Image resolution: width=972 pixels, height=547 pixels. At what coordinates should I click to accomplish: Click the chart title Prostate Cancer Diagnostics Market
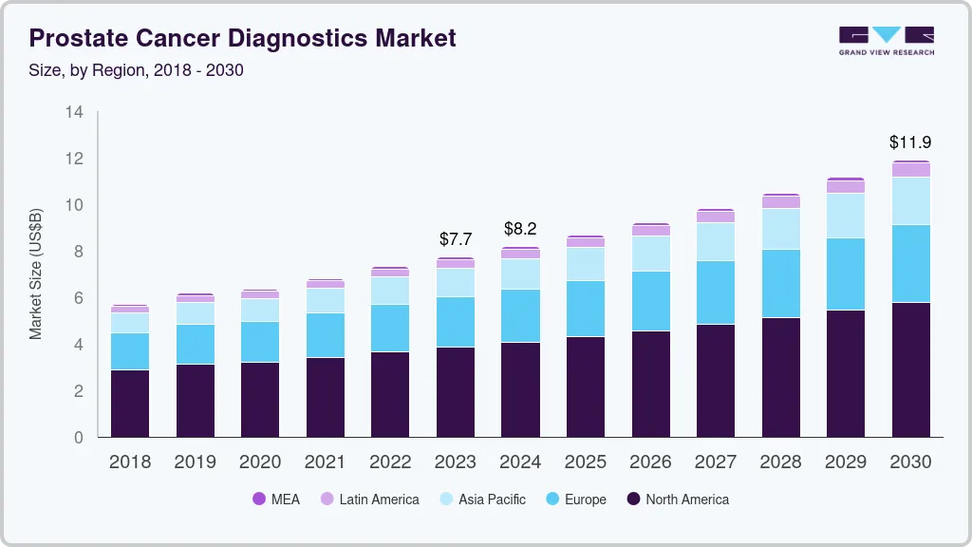(243, 39)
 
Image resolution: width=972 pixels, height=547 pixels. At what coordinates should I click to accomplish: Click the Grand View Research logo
(886, 40)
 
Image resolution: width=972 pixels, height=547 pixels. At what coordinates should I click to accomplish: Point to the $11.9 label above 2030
(909, 142)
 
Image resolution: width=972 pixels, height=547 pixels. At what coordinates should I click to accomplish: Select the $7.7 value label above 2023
(456, 239)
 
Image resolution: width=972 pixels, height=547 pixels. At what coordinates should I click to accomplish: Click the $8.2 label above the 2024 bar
(520, 228)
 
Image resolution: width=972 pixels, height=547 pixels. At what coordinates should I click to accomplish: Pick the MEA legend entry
(276, 499)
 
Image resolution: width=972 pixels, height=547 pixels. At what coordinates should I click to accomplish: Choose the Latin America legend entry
(369, 499)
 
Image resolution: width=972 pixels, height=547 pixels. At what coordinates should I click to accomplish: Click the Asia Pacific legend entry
(481, 499)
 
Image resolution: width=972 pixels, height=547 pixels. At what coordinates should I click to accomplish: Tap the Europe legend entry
(575, 499)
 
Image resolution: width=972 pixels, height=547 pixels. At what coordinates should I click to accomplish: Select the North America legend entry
(677, 499)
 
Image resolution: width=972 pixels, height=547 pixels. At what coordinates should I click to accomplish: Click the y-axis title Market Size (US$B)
(36, 273)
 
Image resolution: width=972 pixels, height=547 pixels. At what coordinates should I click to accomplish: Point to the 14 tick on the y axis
(74, 112)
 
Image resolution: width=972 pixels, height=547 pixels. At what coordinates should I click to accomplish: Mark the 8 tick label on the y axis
(79, 252)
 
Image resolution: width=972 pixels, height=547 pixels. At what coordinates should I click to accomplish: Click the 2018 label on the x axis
(130, 462)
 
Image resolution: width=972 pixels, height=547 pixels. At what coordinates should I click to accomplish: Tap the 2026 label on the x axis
(650, 462)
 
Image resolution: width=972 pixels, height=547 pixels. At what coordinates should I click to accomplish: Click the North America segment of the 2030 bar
(910, 369)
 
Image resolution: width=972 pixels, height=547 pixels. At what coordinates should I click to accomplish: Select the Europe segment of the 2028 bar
(780, 283)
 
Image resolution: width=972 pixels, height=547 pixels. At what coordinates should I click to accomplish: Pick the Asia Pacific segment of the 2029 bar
(845, 216)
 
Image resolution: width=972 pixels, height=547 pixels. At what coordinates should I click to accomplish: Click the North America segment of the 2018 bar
(130, 403)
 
